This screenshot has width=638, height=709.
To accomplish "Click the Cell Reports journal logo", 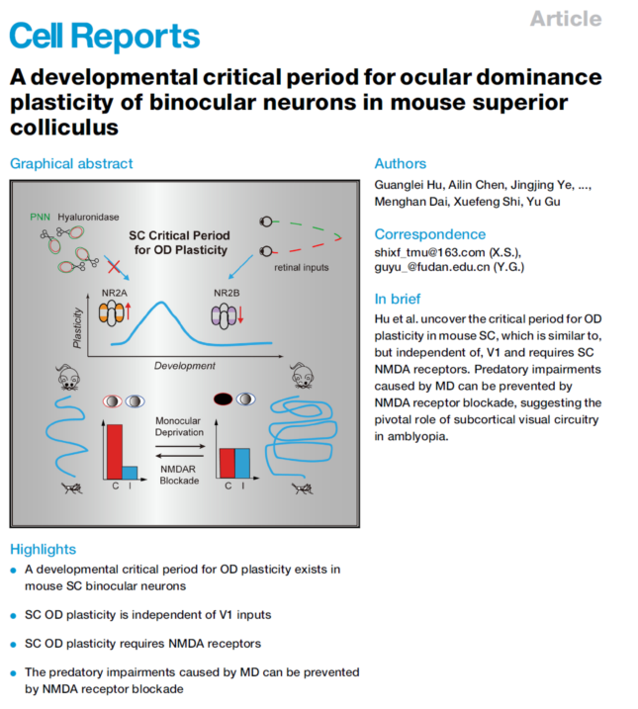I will (x=105, y=36).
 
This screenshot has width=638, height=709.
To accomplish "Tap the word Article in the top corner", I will (x=565, y=18).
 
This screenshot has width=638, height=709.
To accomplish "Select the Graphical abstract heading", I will (x=70, y=163).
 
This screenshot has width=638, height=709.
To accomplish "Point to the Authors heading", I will (x=400, y=163).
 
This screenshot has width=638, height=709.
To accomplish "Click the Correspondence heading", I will (x=429, y=234).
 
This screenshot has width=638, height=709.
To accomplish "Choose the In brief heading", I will (x=397, y=299).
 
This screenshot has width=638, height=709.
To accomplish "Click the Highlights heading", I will (x=43, y=549).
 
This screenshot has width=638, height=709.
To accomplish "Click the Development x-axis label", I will (x=184, y=366).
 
